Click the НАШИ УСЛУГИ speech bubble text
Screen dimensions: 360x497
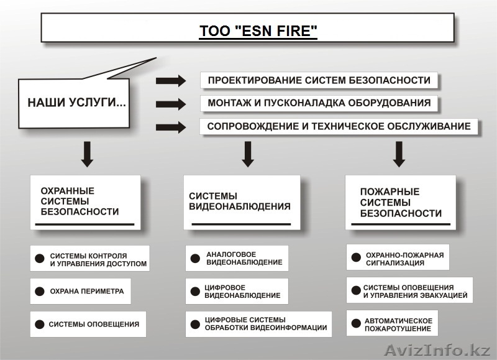(x=76, y=102)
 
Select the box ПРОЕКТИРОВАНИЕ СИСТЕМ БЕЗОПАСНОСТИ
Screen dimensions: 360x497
(x=319, y=80)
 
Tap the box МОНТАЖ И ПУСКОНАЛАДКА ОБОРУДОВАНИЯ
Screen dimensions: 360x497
(x=319, y=103)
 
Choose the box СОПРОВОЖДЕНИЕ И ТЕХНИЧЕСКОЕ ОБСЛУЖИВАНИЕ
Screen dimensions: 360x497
(x=339, y=126)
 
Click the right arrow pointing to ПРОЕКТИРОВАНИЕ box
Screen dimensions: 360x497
(x=171, y=80)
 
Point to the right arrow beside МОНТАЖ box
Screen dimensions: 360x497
(x=171, y=104)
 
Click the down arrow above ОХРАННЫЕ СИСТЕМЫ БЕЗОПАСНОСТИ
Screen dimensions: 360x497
(x=88, y=154)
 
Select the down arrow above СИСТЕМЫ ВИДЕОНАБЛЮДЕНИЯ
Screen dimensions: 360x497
(x=248, y=154)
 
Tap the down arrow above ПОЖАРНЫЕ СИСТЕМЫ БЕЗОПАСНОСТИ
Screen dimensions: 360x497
(x=399, y=154)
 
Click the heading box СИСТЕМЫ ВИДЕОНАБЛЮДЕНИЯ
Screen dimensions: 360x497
(x=241, y=202)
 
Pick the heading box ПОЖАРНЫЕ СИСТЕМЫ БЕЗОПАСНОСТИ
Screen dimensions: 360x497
(x=400, y=202)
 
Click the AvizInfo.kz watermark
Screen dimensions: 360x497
(x=437, y=350)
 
